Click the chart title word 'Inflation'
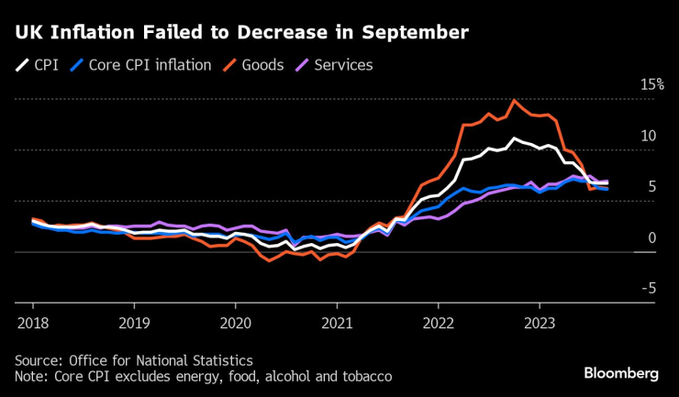pyautogui.click(x=94, y=34)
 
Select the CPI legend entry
pyautogui.click(x=37, y=65)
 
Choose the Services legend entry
pyautogui.click(x=333, y=65)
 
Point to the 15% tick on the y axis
pyautogui.click(x=651, y=84)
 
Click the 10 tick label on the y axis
pyautogui.click(x=649, y=136)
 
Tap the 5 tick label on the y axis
pyautogui.click(x=652, y=187)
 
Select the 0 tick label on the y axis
pyautogui.click(x=652, y=238)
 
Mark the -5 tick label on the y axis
pyautogui.click(x=649, y=289)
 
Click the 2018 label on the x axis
pyautogui.click(x=33, y=323)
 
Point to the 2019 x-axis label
pyautogui.click(x=134, y=323)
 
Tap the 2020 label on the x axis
pyautogui.click(x=235, y=323)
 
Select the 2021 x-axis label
pyautogui.click(x=337, y=323)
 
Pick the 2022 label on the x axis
pyautogui.click(x=438, y=323)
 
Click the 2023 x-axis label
pyautogui.click(x=539, y=323)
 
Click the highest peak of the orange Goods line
pyautogui.click(x=514, y=101)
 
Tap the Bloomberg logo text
pyautogui.click(x=622, y=373)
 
